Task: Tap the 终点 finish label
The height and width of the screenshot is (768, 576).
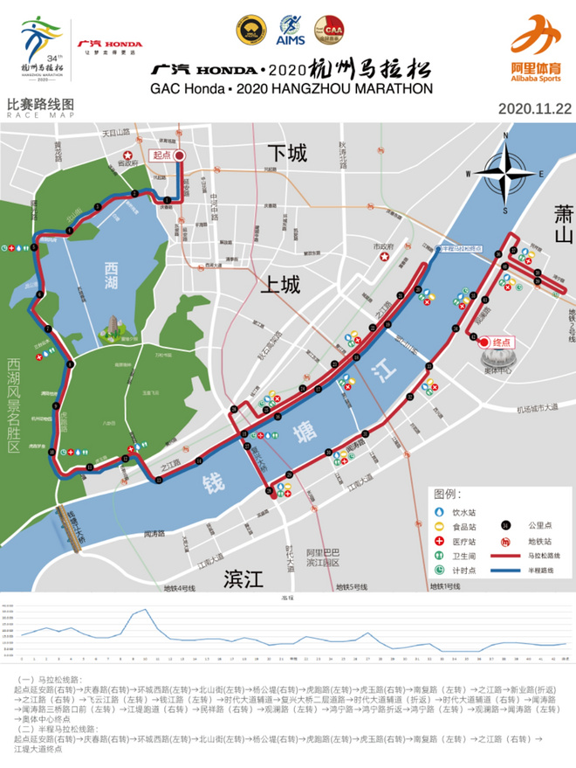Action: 500,343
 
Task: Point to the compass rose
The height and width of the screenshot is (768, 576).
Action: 504,174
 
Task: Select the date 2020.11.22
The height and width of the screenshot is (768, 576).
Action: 534,109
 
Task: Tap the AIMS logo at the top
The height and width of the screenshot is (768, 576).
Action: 290,30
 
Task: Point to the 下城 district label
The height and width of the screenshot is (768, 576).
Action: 287,154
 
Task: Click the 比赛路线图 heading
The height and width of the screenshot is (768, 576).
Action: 40,104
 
